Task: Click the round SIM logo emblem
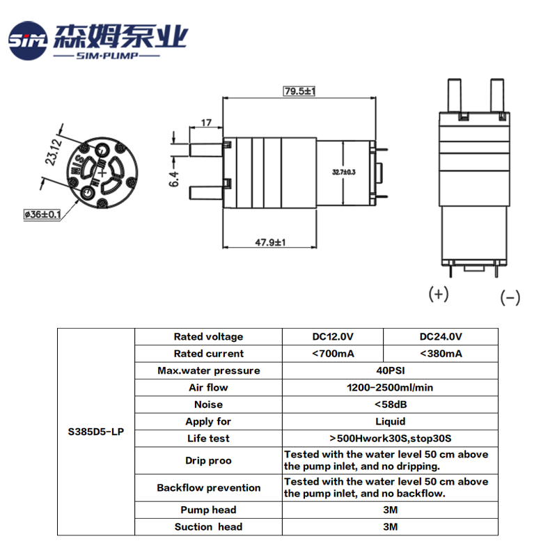click(x=28, y=40)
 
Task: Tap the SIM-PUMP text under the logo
click(x=107, y=56)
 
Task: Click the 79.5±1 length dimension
click(x=299, y=91)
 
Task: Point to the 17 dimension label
click(x=206, y=123)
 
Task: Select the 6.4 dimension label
click(x=173, y=179)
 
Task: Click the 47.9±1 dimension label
click(x=270, y=242)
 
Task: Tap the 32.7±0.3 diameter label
click(x=344, y=172)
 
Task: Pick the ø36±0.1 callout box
click(x=42, y=214)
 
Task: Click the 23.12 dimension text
click(x=54, y=152)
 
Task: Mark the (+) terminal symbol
click(x=439, y=294)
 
